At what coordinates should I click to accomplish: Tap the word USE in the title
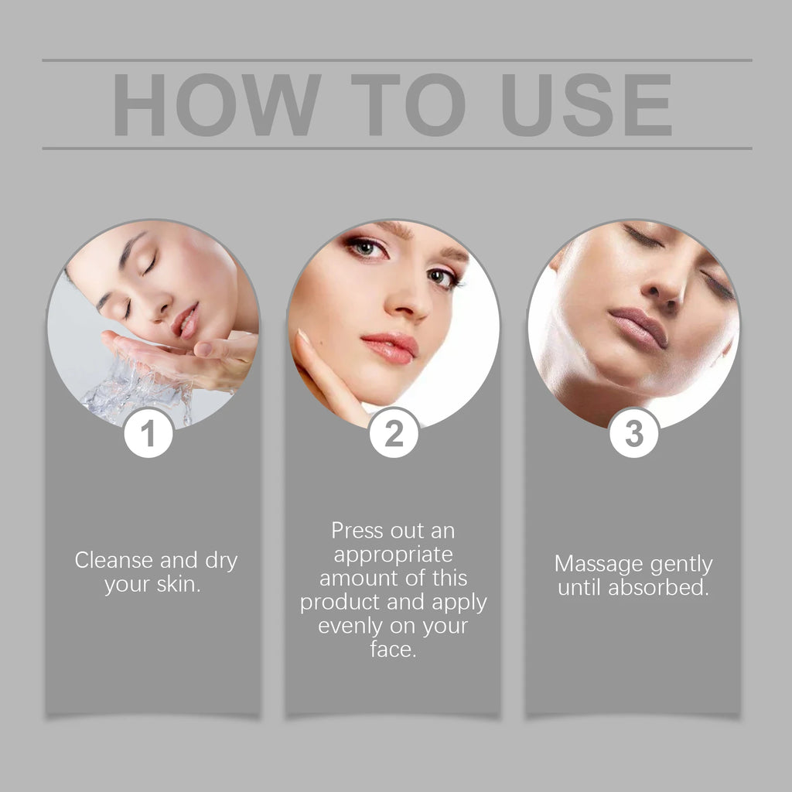pos(586,105)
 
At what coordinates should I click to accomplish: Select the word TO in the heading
pos(408,105)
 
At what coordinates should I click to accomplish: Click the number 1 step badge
pos(148,434)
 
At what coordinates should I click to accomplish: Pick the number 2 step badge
pos(394,434)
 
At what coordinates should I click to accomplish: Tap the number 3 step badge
pos(634,434)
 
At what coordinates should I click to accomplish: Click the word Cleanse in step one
pos(114,561)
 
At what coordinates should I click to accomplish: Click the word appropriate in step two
pos(394,555)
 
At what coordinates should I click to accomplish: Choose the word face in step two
pos(392,649)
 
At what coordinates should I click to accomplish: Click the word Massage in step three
pos(593,564)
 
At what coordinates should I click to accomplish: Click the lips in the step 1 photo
pos(186,319)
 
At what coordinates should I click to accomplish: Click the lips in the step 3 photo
pos(638,328)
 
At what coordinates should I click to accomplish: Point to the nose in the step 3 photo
pos(667,286)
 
